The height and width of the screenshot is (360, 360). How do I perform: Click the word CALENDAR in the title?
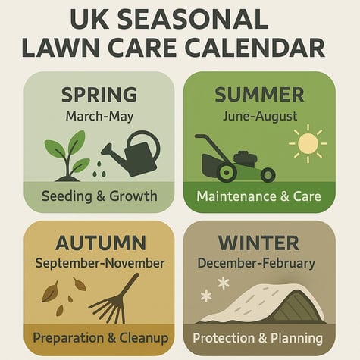coord(254,46)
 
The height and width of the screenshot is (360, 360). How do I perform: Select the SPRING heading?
coord(99,95)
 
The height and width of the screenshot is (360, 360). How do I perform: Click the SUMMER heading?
coord(259,95)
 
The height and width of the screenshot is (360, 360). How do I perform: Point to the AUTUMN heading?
coord(100,243)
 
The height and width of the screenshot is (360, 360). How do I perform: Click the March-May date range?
coord(99,117)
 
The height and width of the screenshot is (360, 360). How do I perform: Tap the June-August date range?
coord(259,117)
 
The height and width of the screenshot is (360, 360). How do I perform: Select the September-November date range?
coord(99,263)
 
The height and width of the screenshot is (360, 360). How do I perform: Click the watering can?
coord(134,153)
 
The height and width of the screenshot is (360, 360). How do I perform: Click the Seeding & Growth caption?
coord(99,196)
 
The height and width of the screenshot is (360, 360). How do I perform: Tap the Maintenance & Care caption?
coord(259,196)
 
